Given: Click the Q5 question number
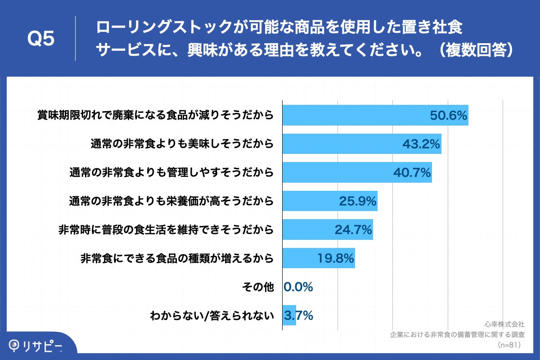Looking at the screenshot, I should point(41,39).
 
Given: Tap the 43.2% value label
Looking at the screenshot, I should point(421,144).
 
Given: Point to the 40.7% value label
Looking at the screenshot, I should point(412,172).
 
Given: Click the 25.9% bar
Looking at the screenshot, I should point(329,201).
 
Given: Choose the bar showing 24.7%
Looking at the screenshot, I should point(327,229).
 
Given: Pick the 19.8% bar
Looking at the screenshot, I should point(318,258).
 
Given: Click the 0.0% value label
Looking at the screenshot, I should point(298,287).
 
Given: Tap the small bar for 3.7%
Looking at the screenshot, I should point(289,315).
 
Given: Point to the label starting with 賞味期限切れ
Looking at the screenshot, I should point(155,116).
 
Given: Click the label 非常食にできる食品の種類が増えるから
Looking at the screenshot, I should point(177,259).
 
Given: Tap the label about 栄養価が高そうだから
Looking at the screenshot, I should point(171,201).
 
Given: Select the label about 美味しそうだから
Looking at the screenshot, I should point(182,144).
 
